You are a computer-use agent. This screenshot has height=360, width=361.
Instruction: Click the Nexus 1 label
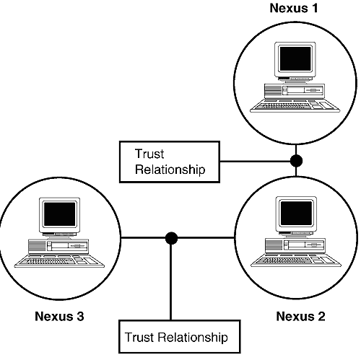pos(294,8)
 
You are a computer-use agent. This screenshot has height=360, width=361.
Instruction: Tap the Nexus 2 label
pos(300,316)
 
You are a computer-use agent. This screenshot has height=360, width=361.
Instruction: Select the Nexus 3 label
pos(59,316)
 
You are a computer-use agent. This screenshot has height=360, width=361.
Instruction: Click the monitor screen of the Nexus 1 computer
pos(295,58)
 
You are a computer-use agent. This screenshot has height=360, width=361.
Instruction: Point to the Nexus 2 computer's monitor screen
pos(296,213)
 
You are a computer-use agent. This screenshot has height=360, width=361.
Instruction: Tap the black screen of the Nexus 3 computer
pos(60,214)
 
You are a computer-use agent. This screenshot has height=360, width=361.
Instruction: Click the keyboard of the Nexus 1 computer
pos(295,106)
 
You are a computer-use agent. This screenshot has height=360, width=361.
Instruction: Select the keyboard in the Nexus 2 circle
pos(296,260)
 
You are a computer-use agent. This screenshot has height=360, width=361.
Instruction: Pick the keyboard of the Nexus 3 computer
pos(59,261)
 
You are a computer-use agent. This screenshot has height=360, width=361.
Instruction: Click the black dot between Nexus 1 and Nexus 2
pos(296,161)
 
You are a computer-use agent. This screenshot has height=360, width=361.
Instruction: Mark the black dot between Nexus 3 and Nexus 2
pos(171,238)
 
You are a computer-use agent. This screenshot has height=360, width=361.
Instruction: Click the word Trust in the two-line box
pos(149,154)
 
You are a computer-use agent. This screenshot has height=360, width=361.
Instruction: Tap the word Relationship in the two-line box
pos(170,170)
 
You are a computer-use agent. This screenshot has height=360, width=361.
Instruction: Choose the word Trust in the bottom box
pos(139,337)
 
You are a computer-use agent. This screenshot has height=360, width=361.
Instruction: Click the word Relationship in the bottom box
pos(193,338)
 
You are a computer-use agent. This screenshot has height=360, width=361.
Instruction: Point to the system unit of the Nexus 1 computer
pos(295,91)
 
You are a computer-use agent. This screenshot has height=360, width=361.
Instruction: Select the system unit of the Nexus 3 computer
pos(58,246)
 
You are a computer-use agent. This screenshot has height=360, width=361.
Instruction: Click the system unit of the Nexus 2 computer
pos(295,245)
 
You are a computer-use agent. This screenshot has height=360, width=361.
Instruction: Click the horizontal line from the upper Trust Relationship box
pos(255,161)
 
